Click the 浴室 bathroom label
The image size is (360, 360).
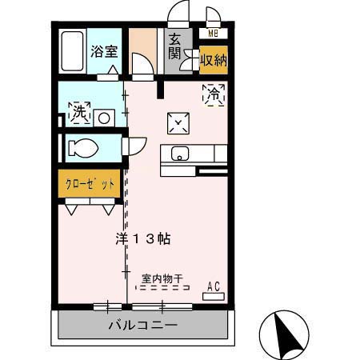coord(104,51)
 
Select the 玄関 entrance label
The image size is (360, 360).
coord(175,49)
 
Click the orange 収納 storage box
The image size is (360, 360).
coord(213,59)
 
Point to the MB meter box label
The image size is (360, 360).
coord(213,34)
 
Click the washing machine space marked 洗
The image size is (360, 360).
coord(78,114)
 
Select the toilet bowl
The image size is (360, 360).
coord(83,148)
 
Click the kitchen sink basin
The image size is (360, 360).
coord(178,154)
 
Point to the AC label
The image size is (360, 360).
coord(214,286)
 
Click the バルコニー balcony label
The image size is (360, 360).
coord(143,326)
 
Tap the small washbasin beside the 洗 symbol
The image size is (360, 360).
coord(103,117)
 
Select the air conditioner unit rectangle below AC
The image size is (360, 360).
coord(214,296)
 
